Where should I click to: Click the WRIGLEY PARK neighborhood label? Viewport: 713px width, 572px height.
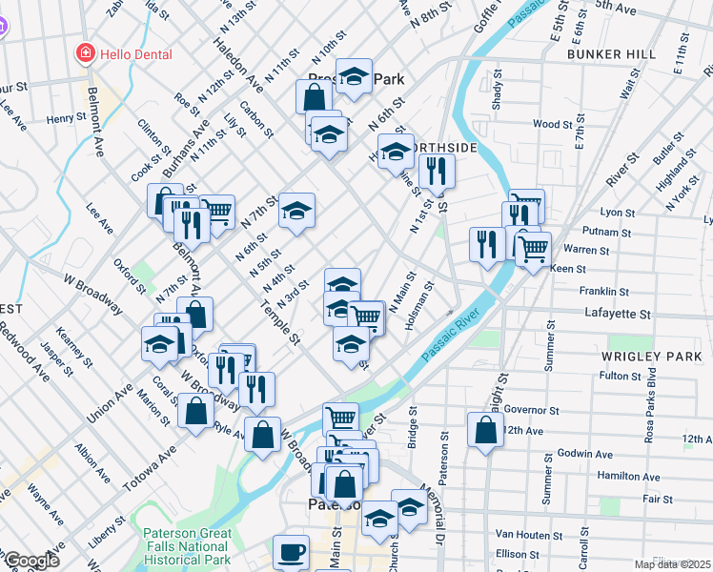point(639,356)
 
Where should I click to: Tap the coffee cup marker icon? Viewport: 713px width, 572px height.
point(291,552)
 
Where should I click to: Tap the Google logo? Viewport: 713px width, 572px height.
point(31,561)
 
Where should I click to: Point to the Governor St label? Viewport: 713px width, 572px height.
point(521,410)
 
